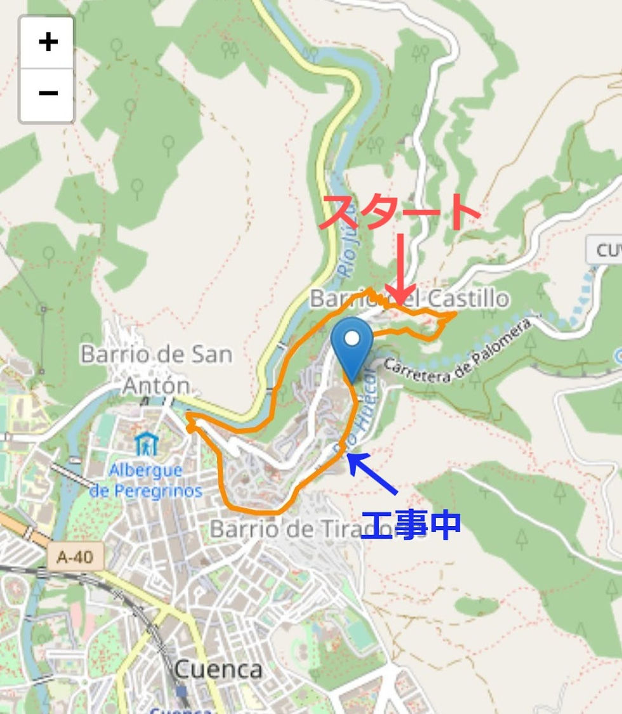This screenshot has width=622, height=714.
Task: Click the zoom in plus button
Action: (48, 43)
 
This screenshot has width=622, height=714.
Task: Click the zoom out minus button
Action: (48, 93)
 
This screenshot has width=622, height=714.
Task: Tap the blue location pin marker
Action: (352, 347)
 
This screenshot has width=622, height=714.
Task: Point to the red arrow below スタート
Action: (399, 270)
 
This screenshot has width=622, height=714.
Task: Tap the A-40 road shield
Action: (75, 557)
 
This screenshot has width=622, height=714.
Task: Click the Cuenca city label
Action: (218, 668)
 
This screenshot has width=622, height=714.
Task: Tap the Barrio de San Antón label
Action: (156, 369)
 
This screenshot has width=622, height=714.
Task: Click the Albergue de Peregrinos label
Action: (146, 480)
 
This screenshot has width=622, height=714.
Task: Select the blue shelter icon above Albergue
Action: (146, 444)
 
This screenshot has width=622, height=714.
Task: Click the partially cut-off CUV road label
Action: (604, 250)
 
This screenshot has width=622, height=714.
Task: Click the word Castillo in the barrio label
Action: (468, 298)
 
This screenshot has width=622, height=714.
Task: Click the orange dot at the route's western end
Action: (189, 428)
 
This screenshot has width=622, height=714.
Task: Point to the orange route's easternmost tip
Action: (455, 314)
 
